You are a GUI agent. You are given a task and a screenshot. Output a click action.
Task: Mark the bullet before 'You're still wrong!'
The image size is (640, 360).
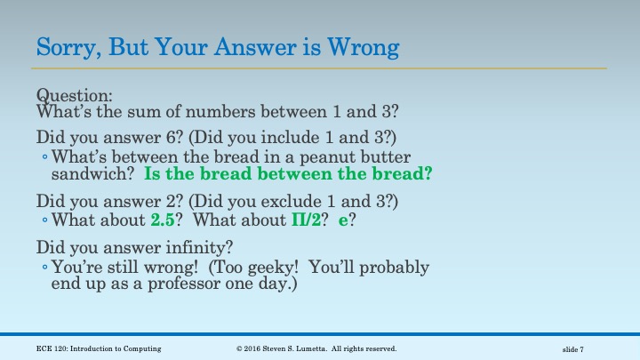tap(45, 268)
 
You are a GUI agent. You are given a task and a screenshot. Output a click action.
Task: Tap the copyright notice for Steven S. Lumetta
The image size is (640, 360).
tap(316, 348)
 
